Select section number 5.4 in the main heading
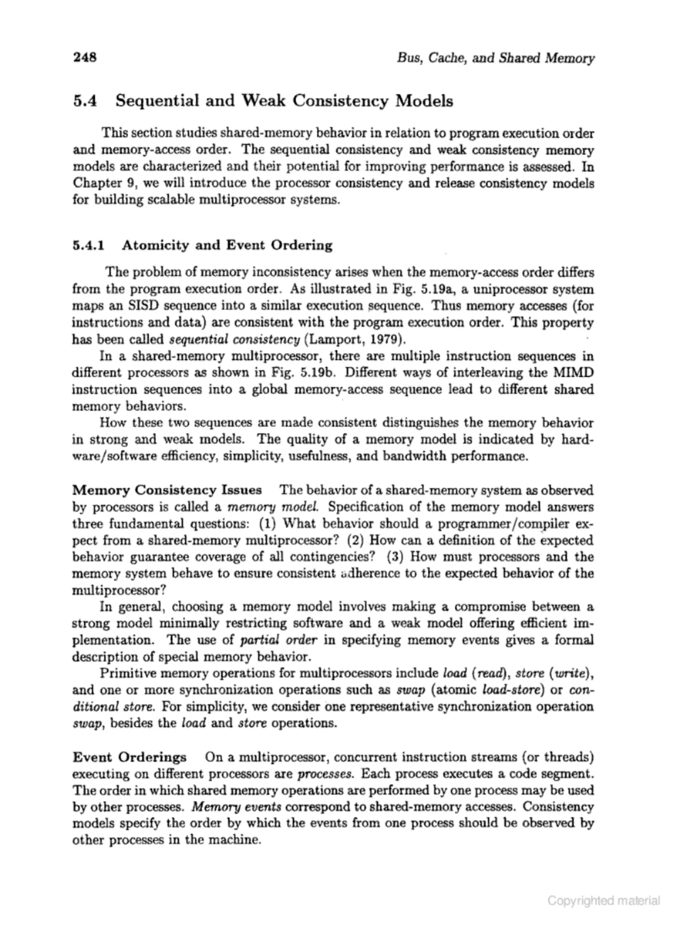(x=85, y=100)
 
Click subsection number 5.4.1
(x=88, y=245)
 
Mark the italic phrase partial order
(x=278, y=640)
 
